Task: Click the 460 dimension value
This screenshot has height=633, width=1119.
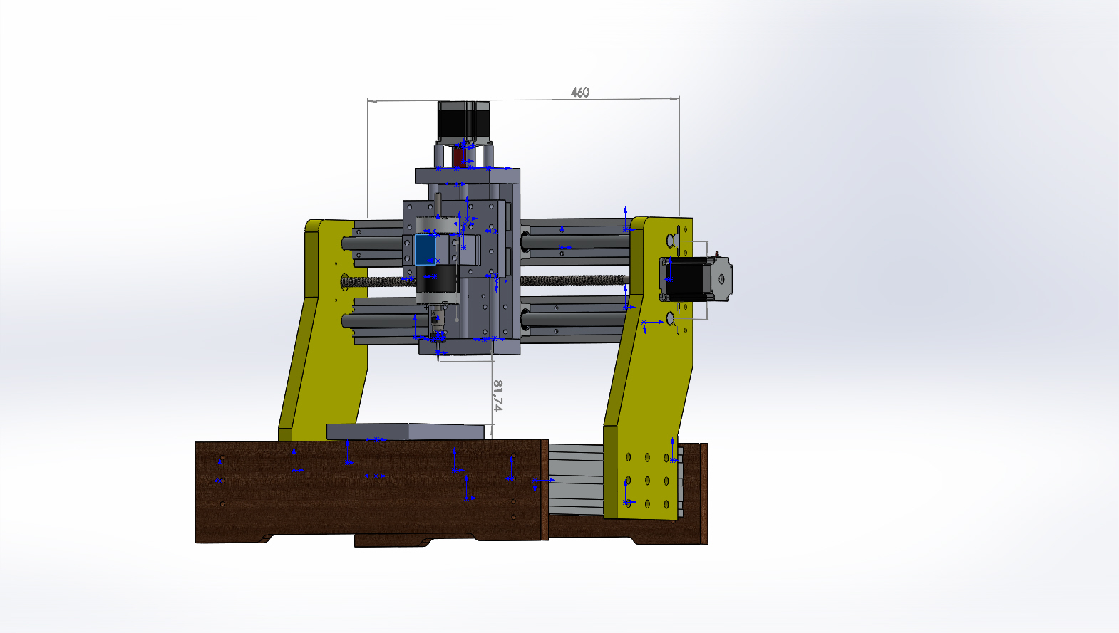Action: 580,93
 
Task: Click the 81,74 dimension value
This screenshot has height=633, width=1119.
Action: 497,395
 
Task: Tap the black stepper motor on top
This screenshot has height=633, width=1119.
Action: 463,121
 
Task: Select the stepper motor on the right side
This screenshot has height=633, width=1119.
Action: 696,280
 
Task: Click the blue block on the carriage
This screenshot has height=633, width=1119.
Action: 425,249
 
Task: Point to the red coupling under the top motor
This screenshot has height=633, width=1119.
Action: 459,157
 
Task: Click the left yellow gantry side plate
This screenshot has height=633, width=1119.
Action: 325,330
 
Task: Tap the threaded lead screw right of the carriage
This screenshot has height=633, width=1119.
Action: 574,280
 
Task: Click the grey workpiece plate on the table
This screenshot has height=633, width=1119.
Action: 405,431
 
